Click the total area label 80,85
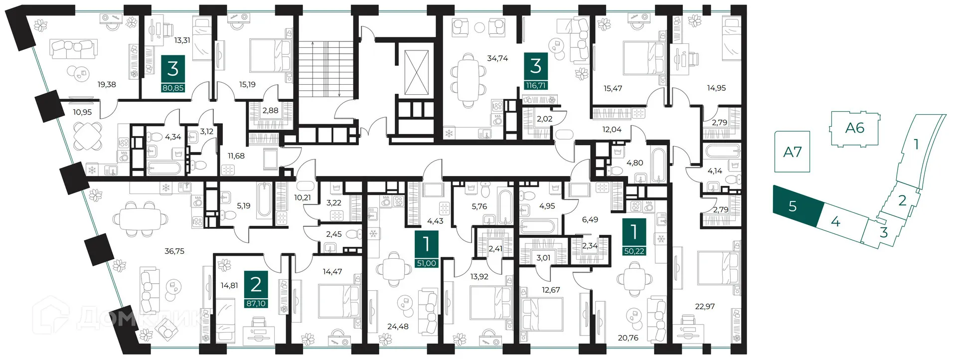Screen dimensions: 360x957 pos(173,88)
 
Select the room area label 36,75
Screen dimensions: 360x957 pos(174,251)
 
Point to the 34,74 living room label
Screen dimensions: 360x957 pos(497,58)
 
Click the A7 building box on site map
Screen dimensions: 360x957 pos(792,152)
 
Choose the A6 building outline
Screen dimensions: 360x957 pos(854,129)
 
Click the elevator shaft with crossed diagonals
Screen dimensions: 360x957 pos(416,72)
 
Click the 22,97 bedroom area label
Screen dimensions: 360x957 pos(705,306)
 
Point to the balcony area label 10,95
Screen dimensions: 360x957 pos(82,112)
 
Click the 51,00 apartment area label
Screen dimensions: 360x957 pos(426,263)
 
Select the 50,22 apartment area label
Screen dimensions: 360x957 pos(634,251)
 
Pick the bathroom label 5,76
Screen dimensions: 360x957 pos(479,206)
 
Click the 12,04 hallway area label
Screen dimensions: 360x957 pos(612,130)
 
